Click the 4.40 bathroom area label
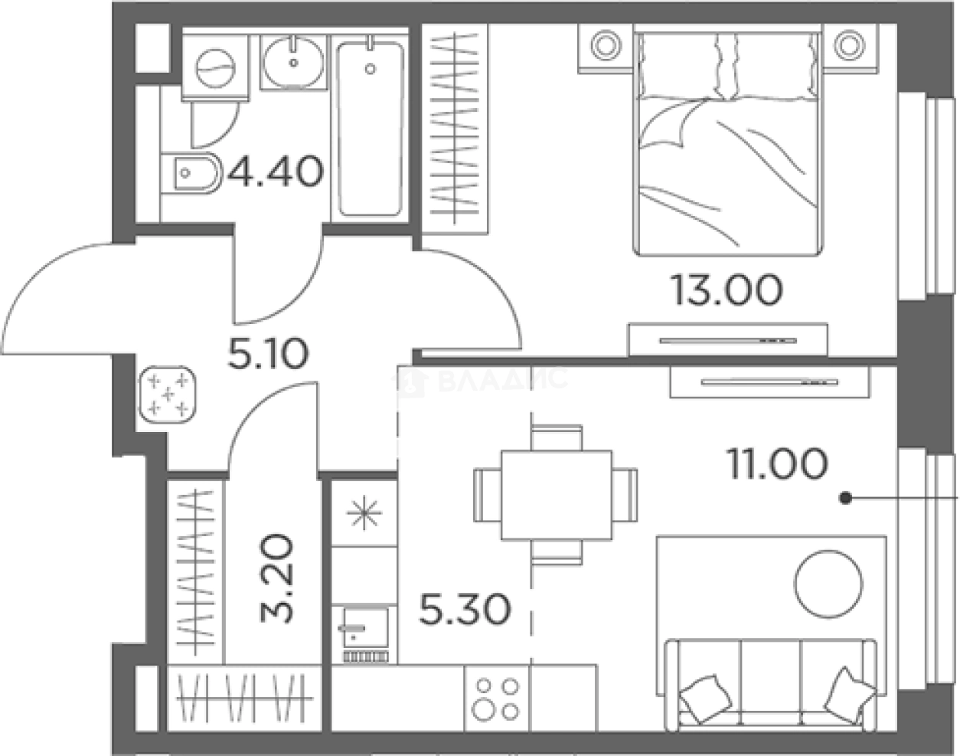tap(276, 172)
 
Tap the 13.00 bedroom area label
tap(727, 290)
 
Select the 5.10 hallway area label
tap(268, 353)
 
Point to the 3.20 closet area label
tap(276, 578)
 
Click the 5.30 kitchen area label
tap(465, 609)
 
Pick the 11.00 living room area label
tap(778, 463)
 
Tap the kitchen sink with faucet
tap(364, 633)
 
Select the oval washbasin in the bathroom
tap(293, 63)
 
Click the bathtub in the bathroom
tap(371, 129)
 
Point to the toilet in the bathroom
tap(191, 173)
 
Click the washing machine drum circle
tap(215, 68)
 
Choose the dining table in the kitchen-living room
tap(557, 495)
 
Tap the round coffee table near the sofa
tap(828, 584)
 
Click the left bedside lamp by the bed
tap(606, 45)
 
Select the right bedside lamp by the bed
tap(849, 45)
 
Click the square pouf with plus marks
tap(168, 394)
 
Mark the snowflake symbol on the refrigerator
tap(364, 512)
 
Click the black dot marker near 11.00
tap(845, 498)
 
